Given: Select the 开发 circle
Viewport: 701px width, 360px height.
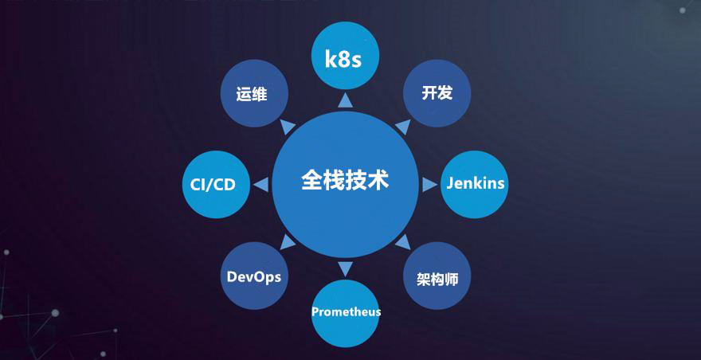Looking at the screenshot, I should (x=437, y=93).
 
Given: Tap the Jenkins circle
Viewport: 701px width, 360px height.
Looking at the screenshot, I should (x=475, y=184).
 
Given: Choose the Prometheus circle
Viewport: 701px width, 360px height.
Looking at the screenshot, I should (x=346, y=311).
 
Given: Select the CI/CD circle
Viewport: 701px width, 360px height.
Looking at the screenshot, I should (x=214, y=184).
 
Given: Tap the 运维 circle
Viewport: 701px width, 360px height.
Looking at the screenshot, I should (x=252, y=93).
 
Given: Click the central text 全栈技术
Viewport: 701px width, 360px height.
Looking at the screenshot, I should (x=345, y=179).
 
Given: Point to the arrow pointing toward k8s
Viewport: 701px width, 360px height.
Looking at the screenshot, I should (x=345, y=100).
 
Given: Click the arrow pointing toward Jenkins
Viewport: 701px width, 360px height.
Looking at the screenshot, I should (x=431, y=184).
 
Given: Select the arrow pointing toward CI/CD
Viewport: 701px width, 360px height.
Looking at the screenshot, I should (x=260, y=184).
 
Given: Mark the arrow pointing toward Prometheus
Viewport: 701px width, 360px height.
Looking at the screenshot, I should (x=345, y=268).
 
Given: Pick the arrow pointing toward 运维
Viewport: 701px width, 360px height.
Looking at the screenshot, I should (x=288, y=126).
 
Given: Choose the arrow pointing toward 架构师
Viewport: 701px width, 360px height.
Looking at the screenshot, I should (x=404, y=241).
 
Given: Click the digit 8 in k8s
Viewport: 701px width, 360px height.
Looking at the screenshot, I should (x=345, y=58).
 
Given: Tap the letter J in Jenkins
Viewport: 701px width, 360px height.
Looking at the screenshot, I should (x=450, y=183).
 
